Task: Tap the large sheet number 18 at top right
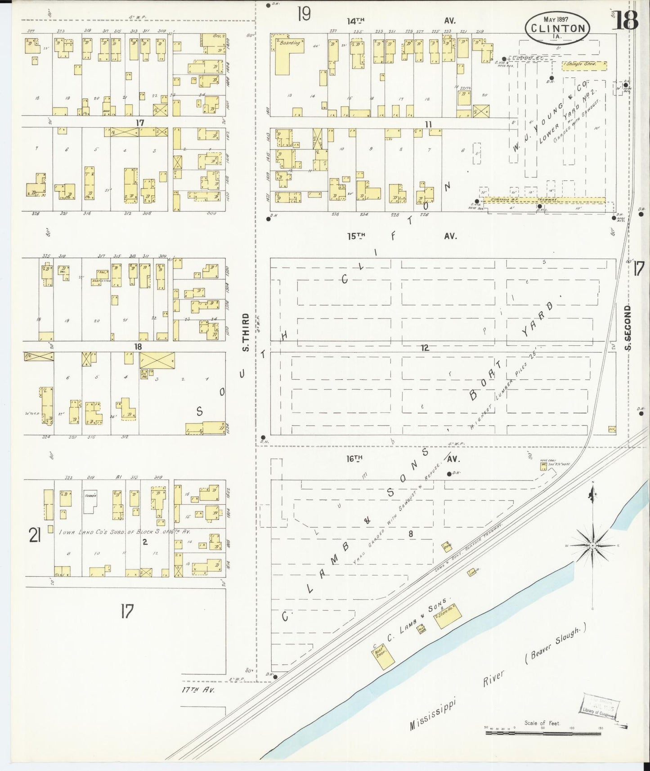pos(627,20)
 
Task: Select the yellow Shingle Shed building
pos(584,65)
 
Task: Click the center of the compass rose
pos(592,546)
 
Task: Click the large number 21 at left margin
pos(35,535)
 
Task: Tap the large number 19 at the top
pos(304,15)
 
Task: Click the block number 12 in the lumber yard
pos(425,348)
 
